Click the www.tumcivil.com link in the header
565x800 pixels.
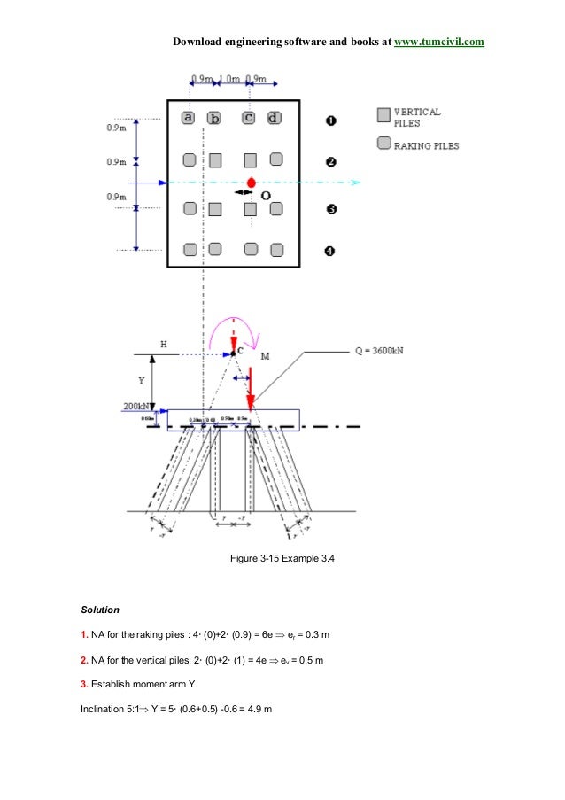point(438,42)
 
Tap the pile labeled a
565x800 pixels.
point(188,117)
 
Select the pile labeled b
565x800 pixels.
point(214,118)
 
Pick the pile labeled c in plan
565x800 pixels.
point(249,117)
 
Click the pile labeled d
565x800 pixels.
point(275,117)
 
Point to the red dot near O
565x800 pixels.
point(252,183)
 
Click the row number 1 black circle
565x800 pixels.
point(330,119)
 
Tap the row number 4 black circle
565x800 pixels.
point(330,251)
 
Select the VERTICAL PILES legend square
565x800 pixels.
point(383,115)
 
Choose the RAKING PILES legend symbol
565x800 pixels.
point(383,143)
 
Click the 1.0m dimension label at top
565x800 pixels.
point(230,80)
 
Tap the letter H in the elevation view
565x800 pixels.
point(162,343)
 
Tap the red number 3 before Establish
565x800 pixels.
point(83,683)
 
